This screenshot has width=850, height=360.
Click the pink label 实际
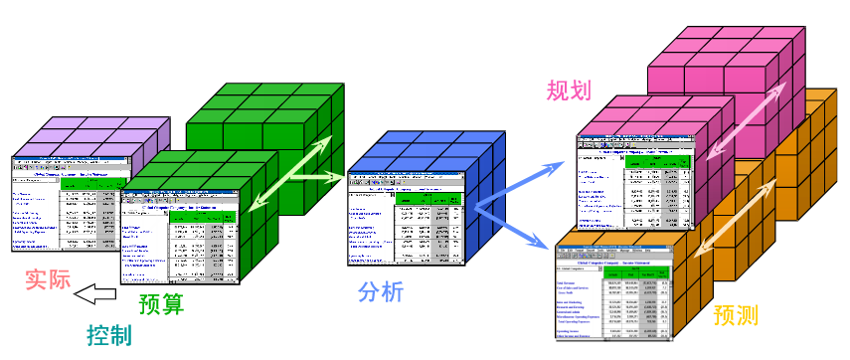[x=48, y=279]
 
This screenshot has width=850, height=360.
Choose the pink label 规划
[x=569, y=91]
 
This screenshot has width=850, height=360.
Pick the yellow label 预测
[x=737, y=316]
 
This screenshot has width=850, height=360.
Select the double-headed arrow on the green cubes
[x=291, y=175]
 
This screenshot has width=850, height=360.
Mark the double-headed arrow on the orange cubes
[x=741, y=214]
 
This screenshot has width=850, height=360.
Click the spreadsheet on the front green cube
[x=180, y=237]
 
